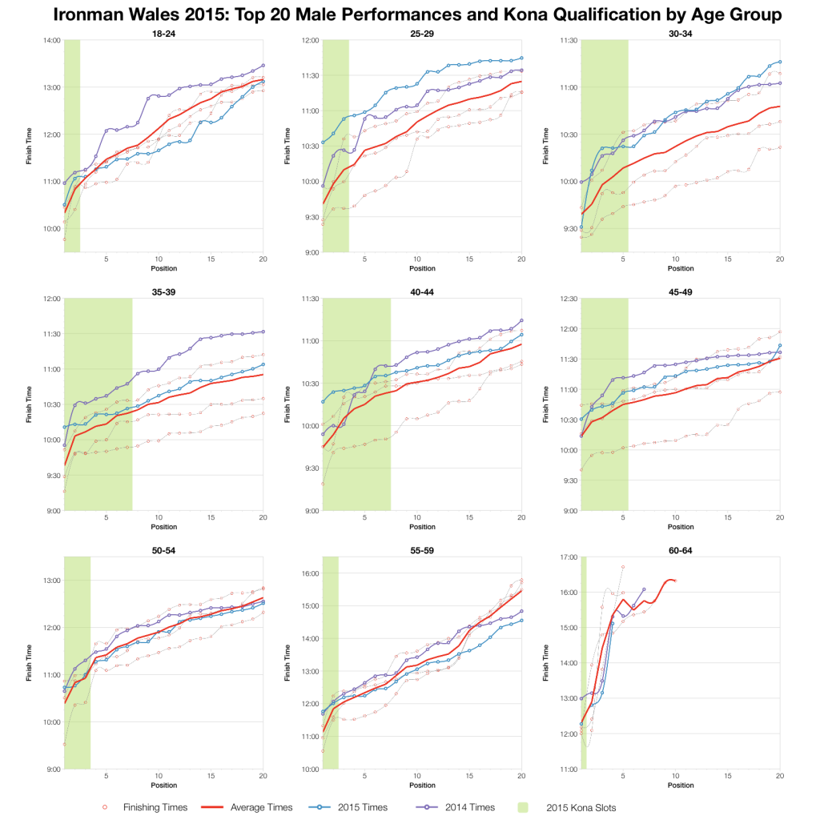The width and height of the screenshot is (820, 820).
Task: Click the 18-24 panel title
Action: click(x=163, y=33)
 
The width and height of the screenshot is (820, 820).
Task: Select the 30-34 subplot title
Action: click(x=680, y=33)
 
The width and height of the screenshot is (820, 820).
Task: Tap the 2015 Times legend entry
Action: click(x=370, y=807)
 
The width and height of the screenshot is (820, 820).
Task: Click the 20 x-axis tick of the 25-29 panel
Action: click(x=521, y=259)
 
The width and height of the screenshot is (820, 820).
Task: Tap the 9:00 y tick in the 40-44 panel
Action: click(x=311, y=510)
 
